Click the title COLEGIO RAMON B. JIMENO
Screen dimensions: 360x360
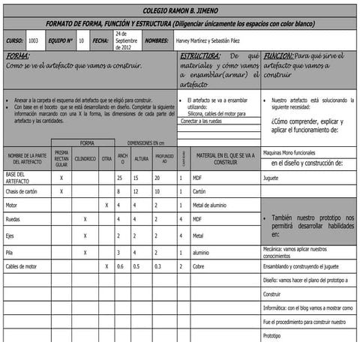pyautogui.click(x=180, y=11)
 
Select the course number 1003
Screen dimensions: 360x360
pyautogui.click(x=34, y=41)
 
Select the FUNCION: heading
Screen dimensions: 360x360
pyautogui.click(x=278, y=56)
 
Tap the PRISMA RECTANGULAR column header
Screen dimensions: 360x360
pyautogui.click(x=61, y=158)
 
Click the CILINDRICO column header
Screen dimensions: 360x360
pyautogui.click(x=85, y=158)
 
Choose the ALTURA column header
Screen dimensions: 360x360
pyautogui.click(x=141, y=158)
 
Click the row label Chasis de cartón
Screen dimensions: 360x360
pyautogui.click(x=21, y=191)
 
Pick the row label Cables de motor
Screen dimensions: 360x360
pyautogui.click(x=22, y=266)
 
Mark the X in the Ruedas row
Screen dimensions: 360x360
pyautogui.click(x=85, y=220)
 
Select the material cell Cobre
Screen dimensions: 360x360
pyautogui.click(x=199, y=266)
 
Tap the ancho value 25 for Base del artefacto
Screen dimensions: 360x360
pyautogui.click(x=120, y=178)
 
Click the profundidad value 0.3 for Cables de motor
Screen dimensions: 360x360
pyautogui.click(x=157, y=266)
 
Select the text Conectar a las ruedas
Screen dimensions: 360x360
pyautogui.click(x=201, y=121)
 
